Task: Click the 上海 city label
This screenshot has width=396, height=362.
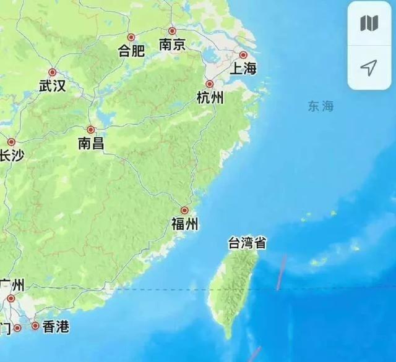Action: (x=243, y=69)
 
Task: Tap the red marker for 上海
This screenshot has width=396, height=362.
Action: (x=243, y=55)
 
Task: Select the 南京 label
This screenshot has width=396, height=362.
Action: (x=172, y=44)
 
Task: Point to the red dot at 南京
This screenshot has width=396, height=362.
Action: (x=172, y=31)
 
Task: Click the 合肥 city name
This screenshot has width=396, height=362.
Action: (x=131, y=51)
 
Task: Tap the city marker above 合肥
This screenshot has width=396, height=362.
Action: (x=131, y=38)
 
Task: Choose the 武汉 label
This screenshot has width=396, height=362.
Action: (x=52, y=86)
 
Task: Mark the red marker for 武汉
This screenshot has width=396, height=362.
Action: (x=53, y=72)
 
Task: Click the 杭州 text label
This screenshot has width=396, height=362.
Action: (x=210, y=97)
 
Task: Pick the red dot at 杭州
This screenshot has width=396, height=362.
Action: (x=210, y=84)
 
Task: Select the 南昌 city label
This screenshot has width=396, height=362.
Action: (x=90, y=144)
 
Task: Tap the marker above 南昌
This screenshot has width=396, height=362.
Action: (x=91, y=130)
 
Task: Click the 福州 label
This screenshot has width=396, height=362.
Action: (x=184, y=224)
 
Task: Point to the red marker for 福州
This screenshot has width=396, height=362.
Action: (x=184, y=211)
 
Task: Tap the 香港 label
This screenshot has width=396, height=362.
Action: (x=56, y=327)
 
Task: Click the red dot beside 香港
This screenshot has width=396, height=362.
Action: (x=35, y=326)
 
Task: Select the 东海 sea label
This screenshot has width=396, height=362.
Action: (x=321, y=106)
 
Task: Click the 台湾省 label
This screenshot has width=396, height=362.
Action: (x=247, y=243)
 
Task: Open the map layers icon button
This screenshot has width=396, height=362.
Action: (x=369, y=23)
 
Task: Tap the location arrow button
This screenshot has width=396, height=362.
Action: (x=369, y=67)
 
